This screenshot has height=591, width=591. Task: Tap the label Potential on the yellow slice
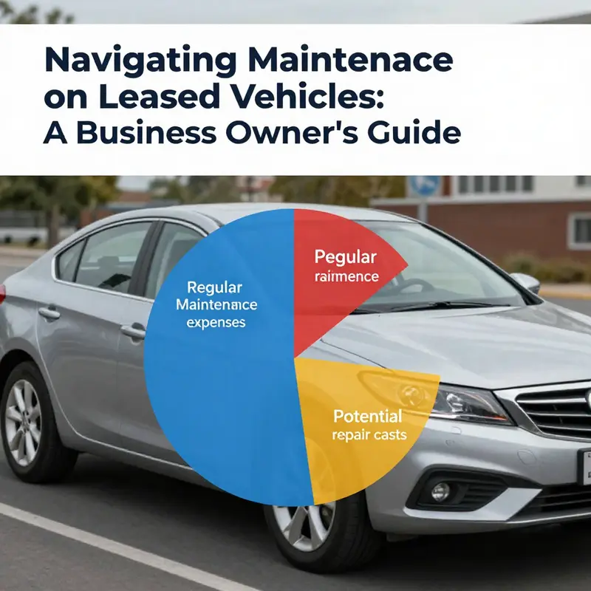coord(368,415)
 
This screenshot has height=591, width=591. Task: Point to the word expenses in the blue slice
coord(216,323)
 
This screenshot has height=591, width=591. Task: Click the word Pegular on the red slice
coord(345,257)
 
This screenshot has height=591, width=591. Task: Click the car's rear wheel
coord(26,421)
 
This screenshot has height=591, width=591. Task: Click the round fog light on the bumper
coord(441,491)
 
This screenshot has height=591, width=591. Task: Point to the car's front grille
coord(558,414)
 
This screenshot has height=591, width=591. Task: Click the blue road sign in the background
coord(425,185)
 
